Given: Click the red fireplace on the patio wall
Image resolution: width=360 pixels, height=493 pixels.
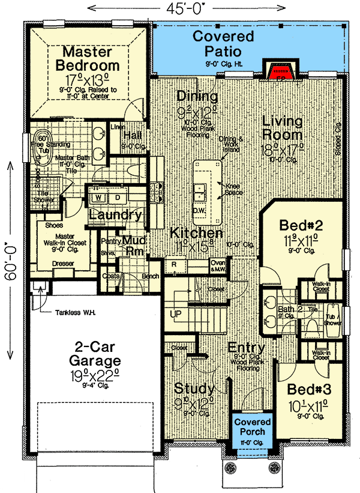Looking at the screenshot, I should [x=281, y=70].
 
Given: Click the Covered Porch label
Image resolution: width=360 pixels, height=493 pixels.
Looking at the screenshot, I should [x=253, y=427].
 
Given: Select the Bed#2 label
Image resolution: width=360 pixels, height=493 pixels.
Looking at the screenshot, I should [x=302, y=226].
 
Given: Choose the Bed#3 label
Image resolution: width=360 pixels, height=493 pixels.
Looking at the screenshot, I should [x=306, y=389].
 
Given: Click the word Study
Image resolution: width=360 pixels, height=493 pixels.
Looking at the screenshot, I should [x=194, y=388].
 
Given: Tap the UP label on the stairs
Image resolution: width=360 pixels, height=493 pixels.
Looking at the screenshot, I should [x=176, y=314].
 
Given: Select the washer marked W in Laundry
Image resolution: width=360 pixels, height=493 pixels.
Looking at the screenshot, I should [x=99, y=197].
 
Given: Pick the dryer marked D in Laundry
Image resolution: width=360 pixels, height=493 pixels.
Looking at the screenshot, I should [x=118, y=197].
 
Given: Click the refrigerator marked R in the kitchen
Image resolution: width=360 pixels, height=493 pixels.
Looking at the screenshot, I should [x=173, y=264].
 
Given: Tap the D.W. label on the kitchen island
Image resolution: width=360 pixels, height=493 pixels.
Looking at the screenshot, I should [x=199, y=211].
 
